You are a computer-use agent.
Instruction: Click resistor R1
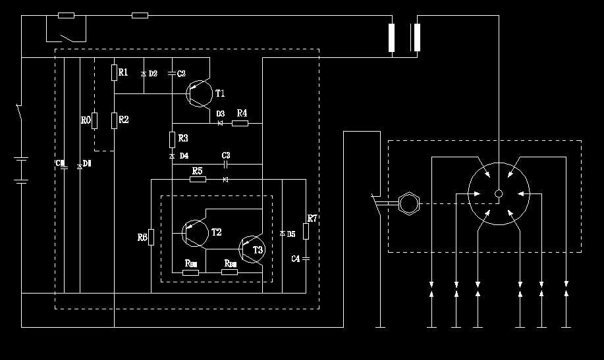coord(114,72)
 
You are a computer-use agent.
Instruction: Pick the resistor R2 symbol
coord(114,120)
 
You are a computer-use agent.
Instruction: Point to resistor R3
coord(172,139)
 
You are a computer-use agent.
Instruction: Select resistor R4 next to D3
coord(240,122)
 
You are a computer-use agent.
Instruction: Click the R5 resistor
coord(198,179)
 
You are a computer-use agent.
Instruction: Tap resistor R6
coord(151,236)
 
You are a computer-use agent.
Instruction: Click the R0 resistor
coord(95,120)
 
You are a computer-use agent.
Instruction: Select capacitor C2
coord(172,74)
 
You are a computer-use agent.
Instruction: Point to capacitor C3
coord(225,164)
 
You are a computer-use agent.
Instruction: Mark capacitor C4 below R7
coord(306,259)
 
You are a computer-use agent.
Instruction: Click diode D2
coord(144,74)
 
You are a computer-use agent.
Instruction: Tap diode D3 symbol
coord(220,122)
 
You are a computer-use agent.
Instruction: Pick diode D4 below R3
coord(172,156)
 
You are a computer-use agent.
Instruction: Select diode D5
coord(282,233)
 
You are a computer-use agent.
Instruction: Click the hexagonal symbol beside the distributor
coord(409,204)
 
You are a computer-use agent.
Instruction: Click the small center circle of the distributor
coord(499,193)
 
